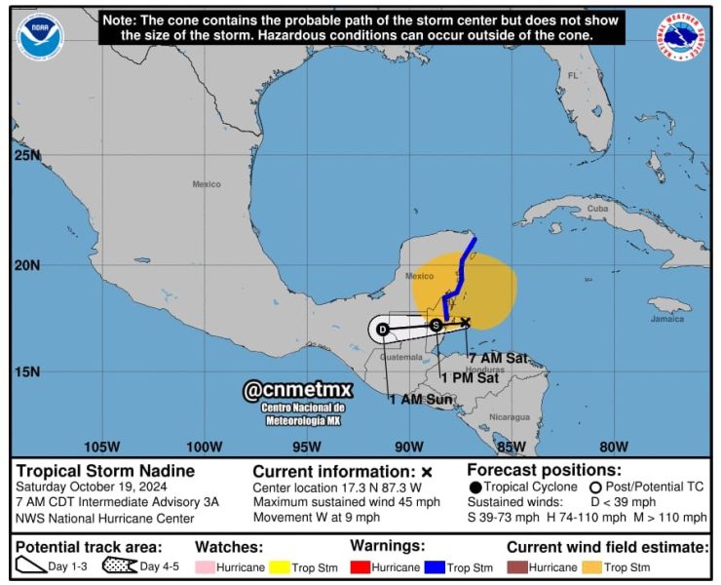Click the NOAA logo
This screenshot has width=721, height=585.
pyautogui.click(x=39, y=38)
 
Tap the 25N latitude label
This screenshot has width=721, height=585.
pyautogui.click(x=27, y=155)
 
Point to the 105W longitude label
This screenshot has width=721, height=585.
pyautogui.click(x=101, y=447)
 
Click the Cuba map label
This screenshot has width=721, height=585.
pyautogui.click(x=597, y=209)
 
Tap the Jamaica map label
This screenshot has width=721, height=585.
pyautogui.click(x=667, y=319)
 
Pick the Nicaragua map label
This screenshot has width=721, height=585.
pyautogui.click(x=509, y=416)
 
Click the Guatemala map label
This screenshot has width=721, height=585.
pyautogui.click(x=401, y=357)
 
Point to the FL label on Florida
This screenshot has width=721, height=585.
pyautogui.click(x=573, y=75)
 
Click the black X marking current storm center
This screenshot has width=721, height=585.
pyautogui.click(x=466, y=322)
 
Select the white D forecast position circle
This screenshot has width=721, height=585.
pyautogui.click(x=383, y=330)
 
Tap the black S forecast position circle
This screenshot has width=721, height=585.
pyautogui.click(x=436, y=325)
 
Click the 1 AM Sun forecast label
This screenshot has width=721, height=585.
pyautogui.click(x=420, y=400)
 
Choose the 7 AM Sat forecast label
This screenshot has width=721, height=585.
pyautogui.click(x=497, y=358)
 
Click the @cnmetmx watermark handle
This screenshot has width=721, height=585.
pyautogui.click(x=297, y=390)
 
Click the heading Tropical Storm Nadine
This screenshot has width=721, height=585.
pyautogui.click(x=105, y=471)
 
